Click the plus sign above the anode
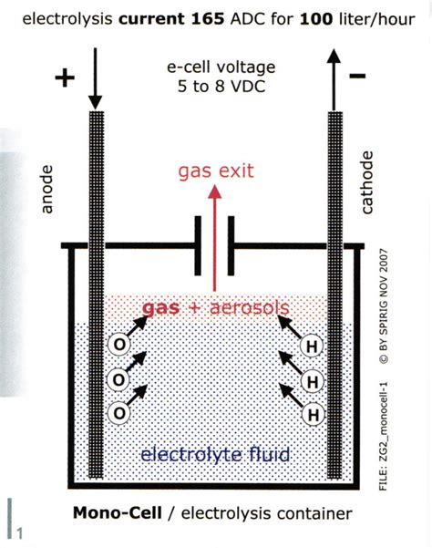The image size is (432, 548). point(64,78)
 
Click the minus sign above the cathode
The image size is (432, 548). point(357,76)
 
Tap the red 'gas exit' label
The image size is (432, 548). point(215,171)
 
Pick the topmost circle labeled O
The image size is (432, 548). point(118,344)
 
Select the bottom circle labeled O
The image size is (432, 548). point(118,412)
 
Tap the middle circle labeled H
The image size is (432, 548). point(311,379)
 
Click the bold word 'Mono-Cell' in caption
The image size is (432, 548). point(111,514)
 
